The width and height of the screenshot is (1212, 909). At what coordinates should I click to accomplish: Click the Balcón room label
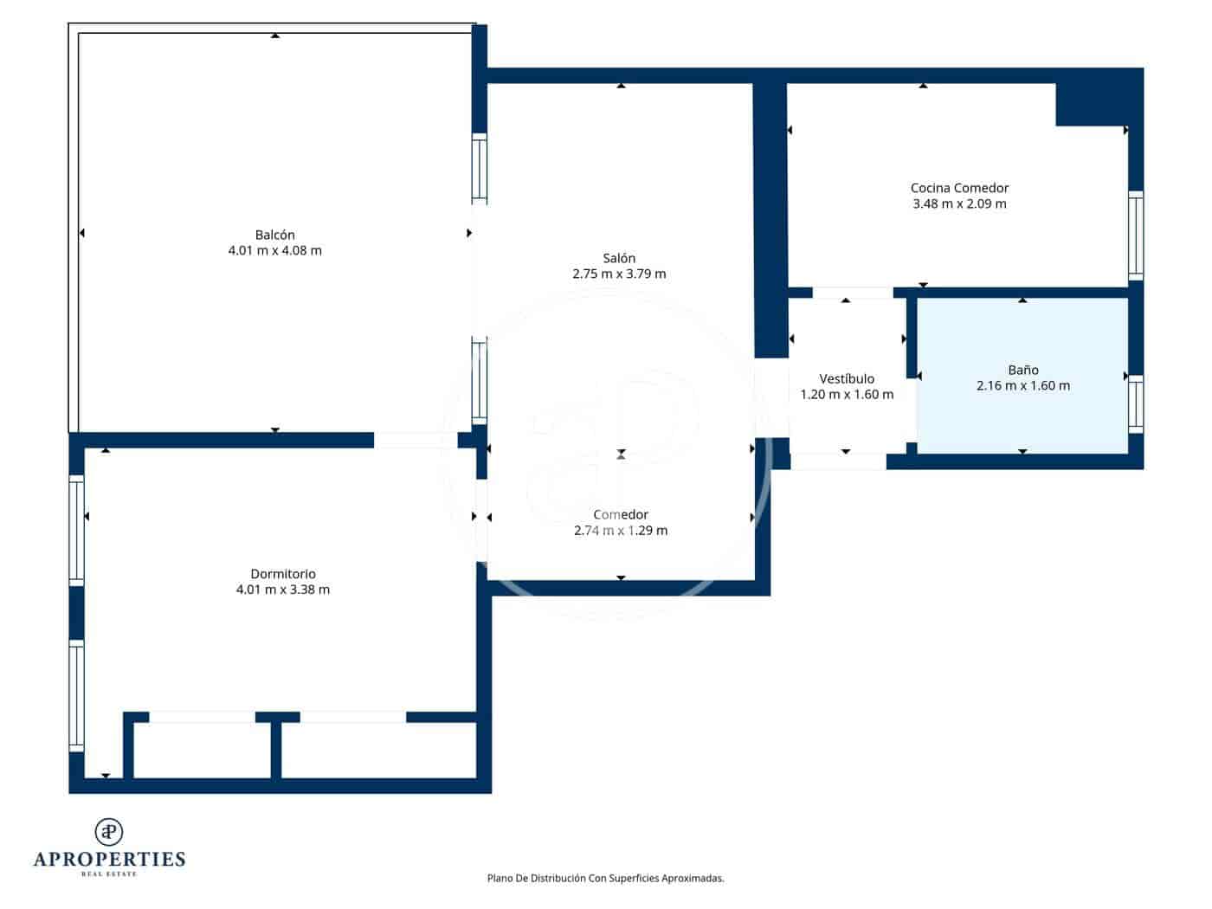274,235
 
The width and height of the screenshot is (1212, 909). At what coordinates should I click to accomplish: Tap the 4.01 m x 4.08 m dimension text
274,251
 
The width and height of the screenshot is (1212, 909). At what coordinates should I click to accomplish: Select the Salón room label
619,258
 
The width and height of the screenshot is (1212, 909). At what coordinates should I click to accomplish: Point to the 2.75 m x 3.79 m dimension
619,274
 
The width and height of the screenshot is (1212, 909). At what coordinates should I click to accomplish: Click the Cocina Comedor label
959,188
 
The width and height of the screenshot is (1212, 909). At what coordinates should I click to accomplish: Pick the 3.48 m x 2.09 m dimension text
959,204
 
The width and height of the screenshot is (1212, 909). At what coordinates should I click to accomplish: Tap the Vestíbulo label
847,378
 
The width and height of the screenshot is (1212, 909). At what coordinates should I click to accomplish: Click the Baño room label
1022,370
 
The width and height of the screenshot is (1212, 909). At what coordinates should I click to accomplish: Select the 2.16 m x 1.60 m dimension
1022,386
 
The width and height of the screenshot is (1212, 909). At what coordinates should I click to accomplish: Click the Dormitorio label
283,574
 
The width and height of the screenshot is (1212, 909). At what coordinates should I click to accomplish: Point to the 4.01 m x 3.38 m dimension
283,590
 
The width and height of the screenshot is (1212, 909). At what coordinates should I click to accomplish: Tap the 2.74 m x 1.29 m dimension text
621,531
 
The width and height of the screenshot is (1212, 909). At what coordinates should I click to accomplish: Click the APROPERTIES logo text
109,859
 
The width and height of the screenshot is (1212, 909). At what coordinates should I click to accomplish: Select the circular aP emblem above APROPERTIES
109,831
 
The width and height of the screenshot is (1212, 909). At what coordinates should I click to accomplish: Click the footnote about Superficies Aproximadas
605,878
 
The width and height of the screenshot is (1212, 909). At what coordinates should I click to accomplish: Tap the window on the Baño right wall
1135,404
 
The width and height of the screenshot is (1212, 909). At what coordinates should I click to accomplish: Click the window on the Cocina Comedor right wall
1135,235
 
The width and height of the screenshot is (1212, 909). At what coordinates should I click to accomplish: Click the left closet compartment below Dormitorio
202,750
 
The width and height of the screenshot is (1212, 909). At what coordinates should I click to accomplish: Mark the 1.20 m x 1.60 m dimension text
847,395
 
